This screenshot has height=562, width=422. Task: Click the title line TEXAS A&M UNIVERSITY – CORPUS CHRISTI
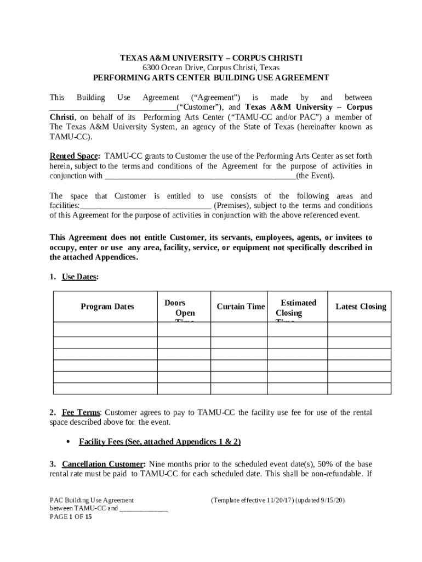(211, 58)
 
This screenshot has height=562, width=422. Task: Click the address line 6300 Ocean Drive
(211, 68)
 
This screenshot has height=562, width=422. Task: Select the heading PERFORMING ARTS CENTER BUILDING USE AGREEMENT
(211, 78)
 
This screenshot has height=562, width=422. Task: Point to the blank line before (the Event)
(200, 177)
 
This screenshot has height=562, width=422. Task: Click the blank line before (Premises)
(146, 206)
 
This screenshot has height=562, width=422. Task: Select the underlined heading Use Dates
(79, 277)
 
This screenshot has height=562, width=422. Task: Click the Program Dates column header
(107, 307)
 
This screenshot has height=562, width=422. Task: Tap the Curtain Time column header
(241, 307)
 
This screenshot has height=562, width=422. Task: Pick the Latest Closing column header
(361, 307)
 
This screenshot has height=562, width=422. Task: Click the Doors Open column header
(179, 308)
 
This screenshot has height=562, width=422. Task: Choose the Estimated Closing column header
(296, 308)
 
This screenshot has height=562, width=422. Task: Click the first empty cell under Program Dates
(106, 329)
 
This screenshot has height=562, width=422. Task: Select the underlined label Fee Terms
(81, 413)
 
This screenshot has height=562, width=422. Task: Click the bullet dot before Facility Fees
(68, 442)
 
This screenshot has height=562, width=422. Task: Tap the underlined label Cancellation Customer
(104, 464)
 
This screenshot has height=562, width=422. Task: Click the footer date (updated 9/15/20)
(320, 501)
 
